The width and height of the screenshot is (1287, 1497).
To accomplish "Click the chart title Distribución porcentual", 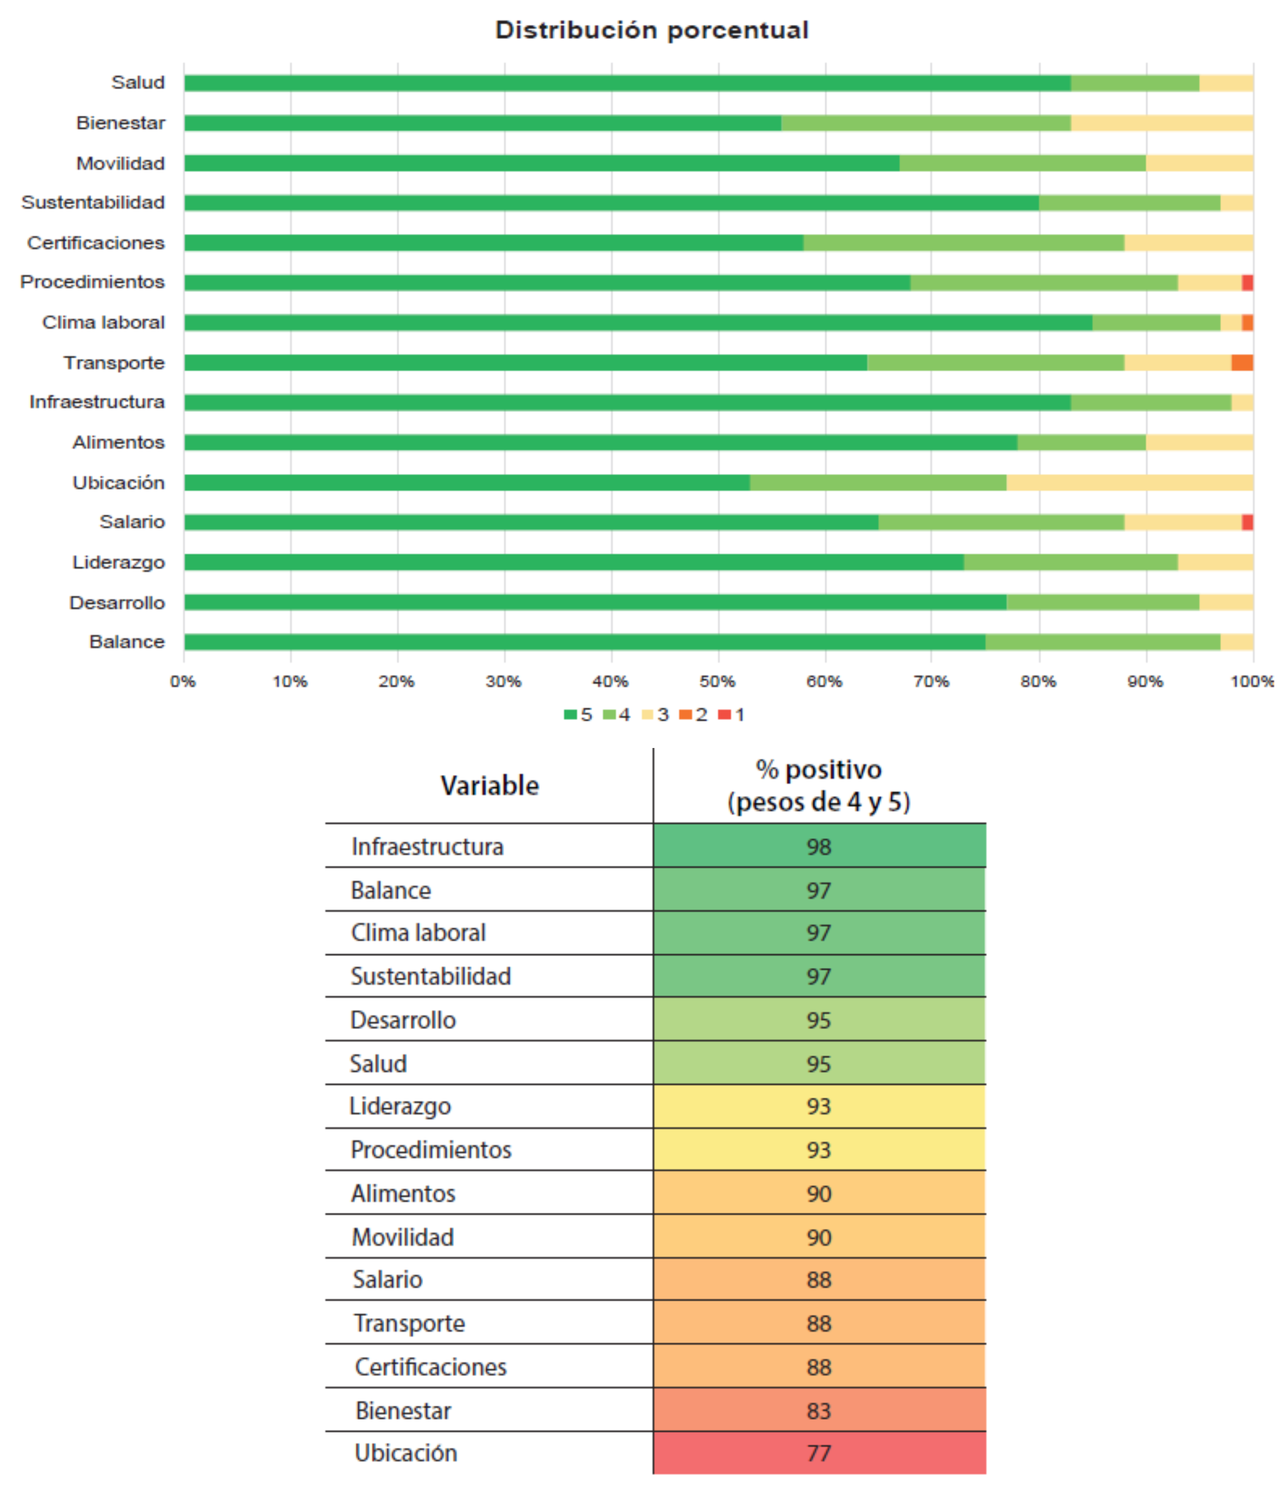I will pos(651,30).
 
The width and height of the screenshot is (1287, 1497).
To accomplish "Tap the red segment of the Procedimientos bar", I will pos(1247,283).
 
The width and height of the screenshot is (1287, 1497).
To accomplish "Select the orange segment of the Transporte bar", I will pos(1242,363).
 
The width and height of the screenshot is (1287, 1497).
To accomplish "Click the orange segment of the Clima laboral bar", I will pos(1247,323).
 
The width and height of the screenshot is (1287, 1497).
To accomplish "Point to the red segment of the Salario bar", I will pos(1247,522).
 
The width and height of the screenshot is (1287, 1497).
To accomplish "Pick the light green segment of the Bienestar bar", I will pos(926,123).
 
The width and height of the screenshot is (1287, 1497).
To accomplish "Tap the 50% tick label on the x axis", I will pos(717,681).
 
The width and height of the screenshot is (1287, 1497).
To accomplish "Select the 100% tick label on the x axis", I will pos(1252,681).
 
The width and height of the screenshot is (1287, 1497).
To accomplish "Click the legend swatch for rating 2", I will pos(686,715).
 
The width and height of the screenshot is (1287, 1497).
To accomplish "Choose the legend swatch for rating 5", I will pos(570,715).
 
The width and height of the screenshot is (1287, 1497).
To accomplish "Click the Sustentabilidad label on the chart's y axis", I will pos(93,202).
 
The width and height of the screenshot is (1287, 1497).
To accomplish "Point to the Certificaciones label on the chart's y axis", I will pos(96,243).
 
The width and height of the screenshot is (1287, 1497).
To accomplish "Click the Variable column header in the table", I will pos(489,786).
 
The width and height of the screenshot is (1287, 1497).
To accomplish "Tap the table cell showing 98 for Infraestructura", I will pos(819,847).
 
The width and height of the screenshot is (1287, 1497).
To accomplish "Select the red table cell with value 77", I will pos(819,1453).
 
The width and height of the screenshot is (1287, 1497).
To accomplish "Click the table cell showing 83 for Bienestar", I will pos(819,1410).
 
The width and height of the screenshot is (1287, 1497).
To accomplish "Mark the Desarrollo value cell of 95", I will pos(819,1020).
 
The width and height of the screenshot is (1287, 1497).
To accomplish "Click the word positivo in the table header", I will pos(833,770).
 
